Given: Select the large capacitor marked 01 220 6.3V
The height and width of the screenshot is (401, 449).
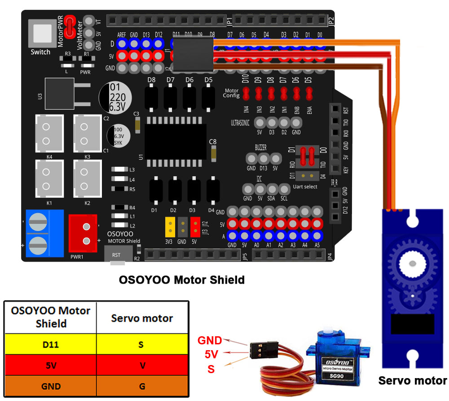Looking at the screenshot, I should [x=115, y=97].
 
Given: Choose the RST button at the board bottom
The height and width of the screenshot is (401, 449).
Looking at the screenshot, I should [x=116, y=254].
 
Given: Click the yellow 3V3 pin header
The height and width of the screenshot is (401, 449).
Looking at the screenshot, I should [x=170, y=227].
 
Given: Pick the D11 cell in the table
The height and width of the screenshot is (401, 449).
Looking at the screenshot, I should [x=50, y=345].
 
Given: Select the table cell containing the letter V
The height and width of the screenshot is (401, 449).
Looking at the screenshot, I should [x=142, y=365].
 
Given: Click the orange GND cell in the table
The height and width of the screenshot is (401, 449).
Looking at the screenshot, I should [x=50, y=386].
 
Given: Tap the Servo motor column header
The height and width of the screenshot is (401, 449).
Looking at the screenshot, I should [x=142, y=318].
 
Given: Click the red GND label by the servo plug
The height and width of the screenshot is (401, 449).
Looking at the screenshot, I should [x=210, y=340].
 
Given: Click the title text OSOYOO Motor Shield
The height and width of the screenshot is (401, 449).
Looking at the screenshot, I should [x=182, y=280].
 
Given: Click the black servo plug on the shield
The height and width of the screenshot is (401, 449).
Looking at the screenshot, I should [x=193, y=55].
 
